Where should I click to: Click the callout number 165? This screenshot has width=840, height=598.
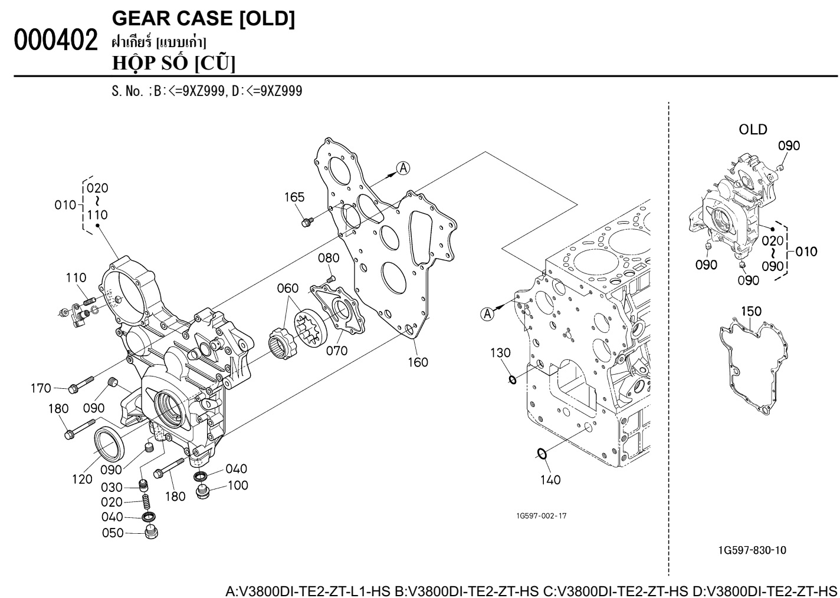tap(294, 197)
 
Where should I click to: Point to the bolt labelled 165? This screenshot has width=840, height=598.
tap(306, 222)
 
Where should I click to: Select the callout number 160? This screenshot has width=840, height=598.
tap(418, 362)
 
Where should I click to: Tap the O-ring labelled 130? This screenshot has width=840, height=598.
tap(513, 380)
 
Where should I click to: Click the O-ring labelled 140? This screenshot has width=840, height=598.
tap(542, 454)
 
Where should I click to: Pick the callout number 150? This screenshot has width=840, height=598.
tap(751, 311)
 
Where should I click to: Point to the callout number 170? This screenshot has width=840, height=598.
tap(41, 388)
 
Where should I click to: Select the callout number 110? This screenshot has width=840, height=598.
tap(76, 277)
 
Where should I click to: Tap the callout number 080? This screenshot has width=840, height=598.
tap(329, 258)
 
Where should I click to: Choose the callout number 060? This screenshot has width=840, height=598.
tap(287, 288)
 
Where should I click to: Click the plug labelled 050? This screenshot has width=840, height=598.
tap(152, 534)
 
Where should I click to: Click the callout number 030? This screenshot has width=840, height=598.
tap(112, 488)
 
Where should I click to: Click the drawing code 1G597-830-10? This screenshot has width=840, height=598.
tap(752, 550)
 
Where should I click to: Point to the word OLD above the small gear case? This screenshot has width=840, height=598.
tap(753, 129)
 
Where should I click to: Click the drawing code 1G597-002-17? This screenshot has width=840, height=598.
tap(541, 516)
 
